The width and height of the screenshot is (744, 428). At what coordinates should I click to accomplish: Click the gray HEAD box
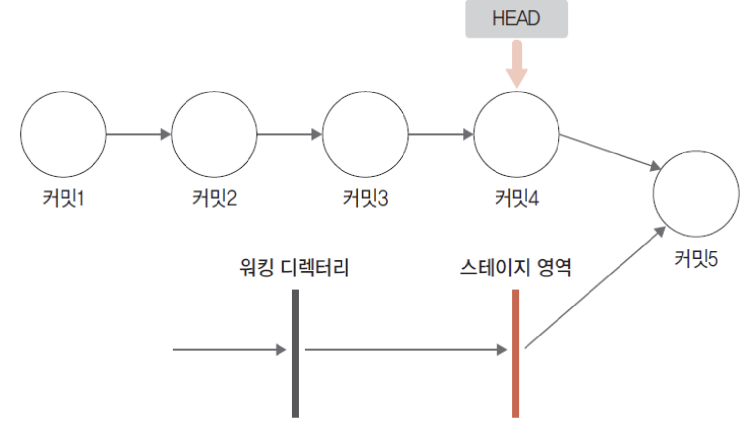(517, 19)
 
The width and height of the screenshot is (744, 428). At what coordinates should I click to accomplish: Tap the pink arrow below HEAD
(517, 64)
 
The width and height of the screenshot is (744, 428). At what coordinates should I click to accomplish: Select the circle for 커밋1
(63, 134)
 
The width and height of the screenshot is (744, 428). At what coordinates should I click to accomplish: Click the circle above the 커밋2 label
(215, 134)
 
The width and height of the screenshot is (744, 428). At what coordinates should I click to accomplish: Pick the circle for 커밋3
(366, 134)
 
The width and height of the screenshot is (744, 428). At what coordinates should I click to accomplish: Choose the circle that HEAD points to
(517, 134)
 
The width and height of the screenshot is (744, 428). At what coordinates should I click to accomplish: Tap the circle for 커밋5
(696, 193)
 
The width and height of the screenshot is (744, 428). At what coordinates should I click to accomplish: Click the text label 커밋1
(63, 198)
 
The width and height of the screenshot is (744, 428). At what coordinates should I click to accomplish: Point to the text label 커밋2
(215, 198)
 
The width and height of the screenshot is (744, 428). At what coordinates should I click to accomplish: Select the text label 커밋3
(366, 198)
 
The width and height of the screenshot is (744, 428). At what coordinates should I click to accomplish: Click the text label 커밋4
(517, 198)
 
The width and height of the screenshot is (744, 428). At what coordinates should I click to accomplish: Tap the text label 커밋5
(696, 258)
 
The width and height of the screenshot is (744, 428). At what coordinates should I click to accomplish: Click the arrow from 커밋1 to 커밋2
(138, 134)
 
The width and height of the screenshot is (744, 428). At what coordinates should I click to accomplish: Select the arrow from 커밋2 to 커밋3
(289, 134)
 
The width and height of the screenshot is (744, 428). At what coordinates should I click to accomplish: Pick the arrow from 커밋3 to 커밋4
(440, 134)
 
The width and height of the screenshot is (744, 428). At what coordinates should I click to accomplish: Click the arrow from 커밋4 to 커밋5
(610, 151)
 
